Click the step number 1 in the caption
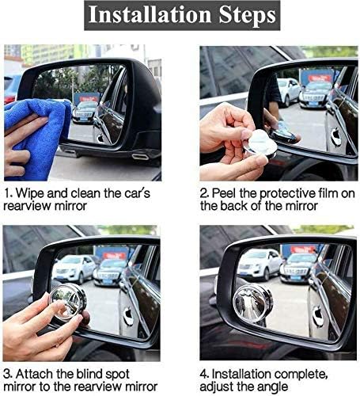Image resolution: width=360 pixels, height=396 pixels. click(7, 193)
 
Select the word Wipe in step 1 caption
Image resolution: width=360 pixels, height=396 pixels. click(32, 193)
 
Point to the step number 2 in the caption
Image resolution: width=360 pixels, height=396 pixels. click(204, 193)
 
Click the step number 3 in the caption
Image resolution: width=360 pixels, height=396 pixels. click(7, 373)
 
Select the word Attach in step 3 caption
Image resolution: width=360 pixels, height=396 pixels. click(36, 373)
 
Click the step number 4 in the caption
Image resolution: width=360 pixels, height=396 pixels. click(204, 373)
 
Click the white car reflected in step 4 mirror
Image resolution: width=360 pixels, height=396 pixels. click(260, 264)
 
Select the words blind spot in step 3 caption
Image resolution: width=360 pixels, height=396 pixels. click(107, 373)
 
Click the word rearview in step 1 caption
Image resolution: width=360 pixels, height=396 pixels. click(28, 208)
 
